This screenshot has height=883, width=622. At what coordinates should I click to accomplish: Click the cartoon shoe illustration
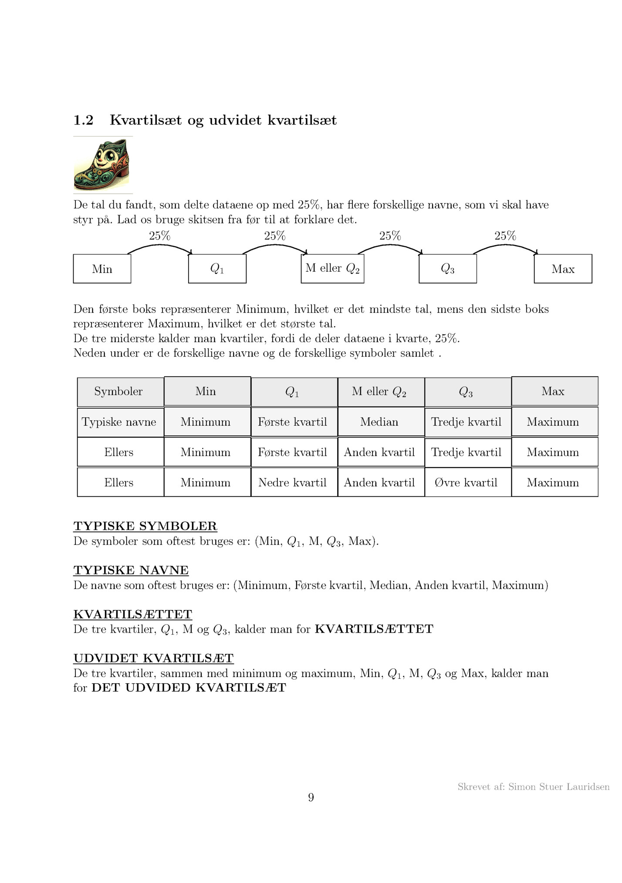pyautogui.click(x=103, y=165)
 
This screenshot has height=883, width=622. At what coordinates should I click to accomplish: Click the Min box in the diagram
pyautogui.click(x=102, y=269)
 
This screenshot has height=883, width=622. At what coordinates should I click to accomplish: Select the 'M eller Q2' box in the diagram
pyautogui.click(x=332, y=269)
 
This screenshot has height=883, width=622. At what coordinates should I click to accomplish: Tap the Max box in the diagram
pyautogui.click(x=563, y=269)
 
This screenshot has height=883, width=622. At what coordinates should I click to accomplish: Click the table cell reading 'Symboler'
pyautogui.click(x=118, y=391)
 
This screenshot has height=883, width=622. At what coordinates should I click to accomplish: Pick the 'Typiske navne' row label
pyautogui.click(x=118, y=422)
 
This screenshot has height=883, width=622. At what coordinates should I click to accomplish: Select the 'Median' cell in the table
pyautogui.click(x=379, y=422)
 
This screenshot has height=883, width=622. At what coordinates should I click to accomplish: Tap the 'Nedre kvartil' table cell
pyautogui.click(x=292, y=482)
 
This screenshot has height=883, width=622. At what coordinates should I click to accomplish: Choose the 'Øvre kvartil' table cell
pyautogui.click(x=466, y=482)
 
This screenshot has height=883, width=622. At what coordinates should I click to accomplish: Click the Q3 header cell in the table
pyautogui.click(x=466, y=392)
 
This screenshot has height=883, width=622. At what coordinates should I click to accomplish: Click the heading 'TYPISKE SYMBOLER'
pyautogui.click(x=145, y=526)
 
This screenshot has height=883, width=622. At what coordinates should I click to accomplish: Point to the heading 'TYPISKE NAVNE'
pyautogui.click(x=131, y=570)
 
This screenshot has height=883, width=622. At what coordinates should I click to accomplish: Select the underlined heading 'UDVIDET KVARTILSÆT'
pyautogui.click(x=153, y=658)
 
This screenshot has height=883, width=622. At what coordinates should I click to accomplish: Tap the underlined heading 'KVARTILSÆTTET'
pyautogui.click(x=132, y=614)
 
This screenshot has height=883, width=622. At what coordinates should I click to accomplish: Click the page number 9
pyautogui.click(x=311, y=797)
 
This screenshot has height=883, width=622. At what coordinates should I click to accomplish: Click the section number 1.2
pyautogui.click(x=83, y=120)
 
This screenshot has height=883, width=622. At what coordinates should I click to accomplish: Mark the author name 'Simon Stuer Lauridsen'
pyautogui.click(x=558, y=786)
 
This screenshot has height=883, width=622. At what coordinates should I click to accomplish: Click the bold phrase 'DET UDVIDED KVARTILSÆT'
pyautogui.click(x=189, y=688)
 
